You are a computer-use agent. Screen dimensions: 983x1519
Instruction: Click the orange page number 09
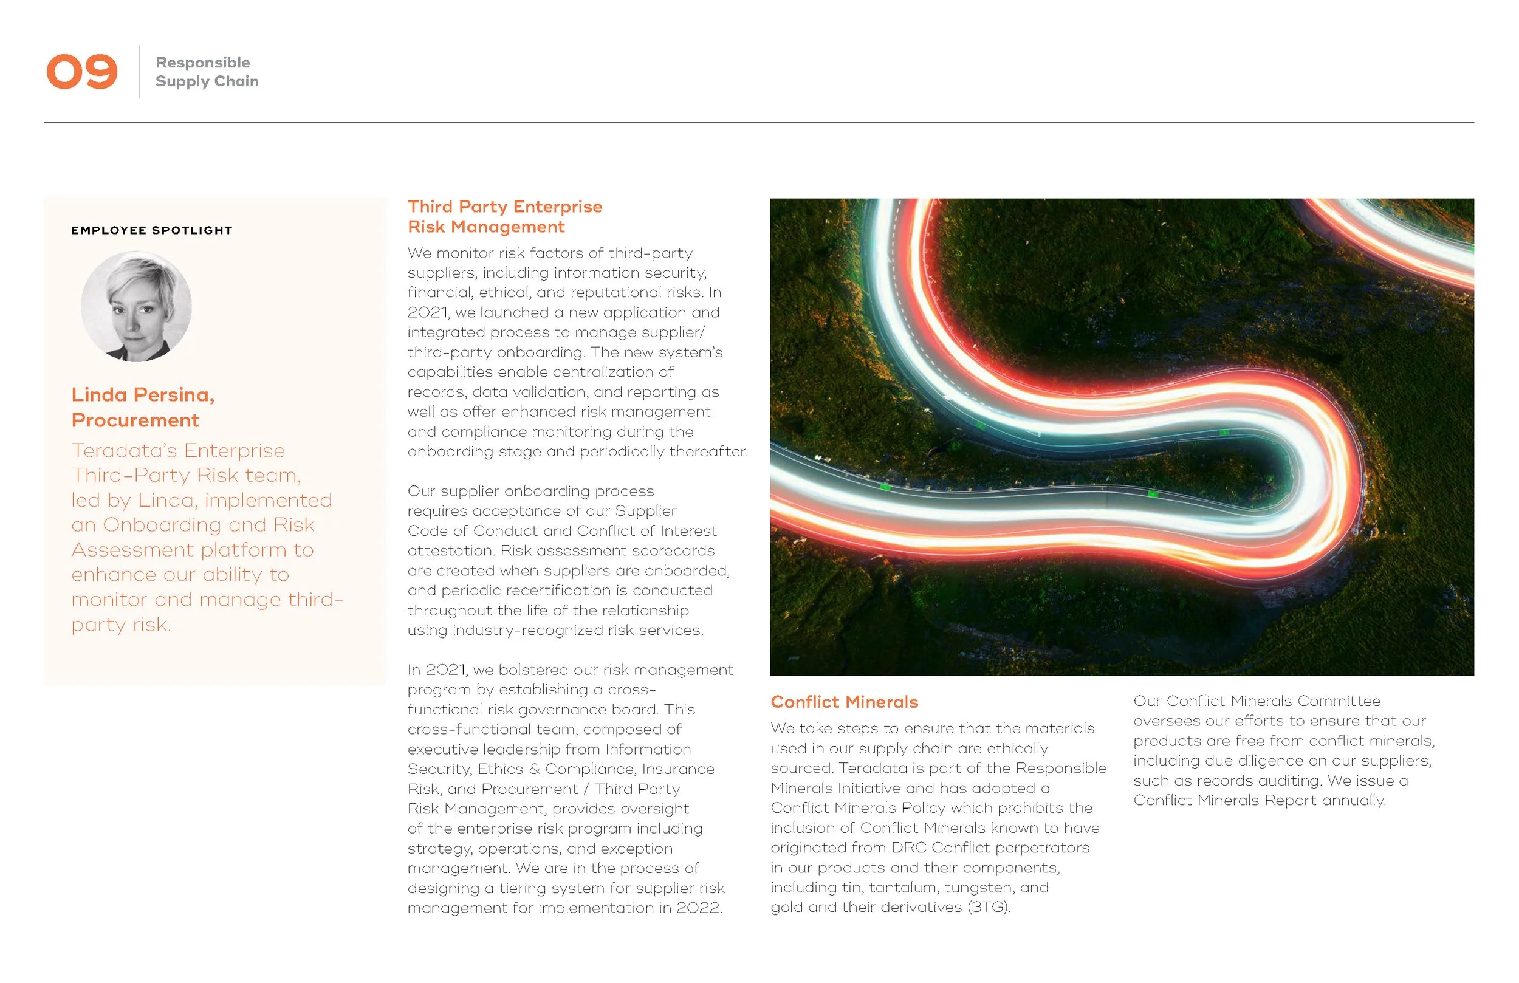(81, 72)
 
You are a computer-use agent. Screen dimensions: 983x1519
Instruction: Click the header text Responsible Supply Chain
(206, 72)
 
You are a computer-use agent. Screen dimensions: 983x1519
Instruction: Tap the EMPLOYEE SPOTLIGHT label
(152, 230)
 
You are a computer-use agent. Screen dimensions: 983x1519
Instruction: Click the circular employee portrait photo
(136, 306)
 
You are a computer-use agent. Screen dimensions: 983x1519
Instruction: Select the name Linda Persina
(142, 394)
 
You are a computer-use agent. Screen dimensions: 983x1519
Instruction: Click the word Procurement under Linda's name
(135, 420)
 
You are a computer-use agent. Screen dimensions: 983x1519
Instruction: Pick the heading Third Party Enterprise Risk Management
(504, 216)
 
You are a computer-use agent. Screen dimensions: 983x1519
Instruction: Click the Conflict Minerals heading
(844, 702)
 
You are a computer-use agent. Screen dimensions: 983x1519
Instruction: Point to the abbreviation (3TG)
(989, 907)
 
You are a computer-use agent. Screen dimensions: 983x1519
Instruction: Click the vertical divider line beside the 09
(139, 72)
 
